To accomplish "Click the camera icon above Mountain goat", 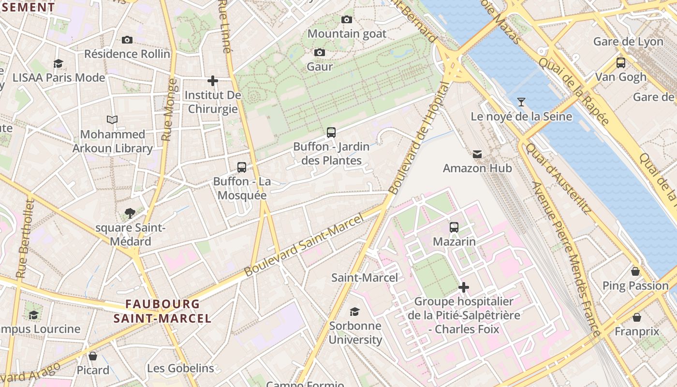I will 346,20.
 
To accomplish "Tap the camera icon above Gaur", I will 319,52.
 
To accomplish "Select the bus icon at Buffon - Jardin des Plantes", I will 331,132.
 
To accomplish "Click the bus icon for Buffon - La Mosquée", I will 242,167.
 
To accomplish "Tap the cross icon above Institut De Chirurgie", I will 213,81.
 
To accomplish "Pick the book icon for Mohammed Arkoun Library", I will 112,119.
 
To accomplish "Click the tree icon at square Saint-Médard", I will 130,213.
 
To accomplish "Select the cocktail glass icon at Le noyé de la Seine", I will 521,102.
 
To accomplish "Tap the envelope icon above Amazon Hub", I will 477,154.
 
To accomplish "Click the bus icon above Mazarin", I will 454,227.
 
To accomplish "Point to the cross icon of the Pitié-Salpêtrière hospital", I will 463,287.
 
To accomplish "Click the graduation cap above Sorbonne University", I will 355,312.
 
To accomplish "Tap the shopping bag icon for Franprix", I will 637,317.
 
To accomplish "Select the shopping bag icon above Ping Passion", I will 635,271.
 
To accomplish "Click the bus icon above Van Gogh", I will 620,63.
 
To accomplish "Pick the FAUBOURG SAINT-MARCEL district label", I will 162,311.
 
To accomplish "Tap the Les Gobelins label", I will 180,368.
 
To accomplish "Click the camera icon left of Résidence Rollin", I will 127,40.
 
